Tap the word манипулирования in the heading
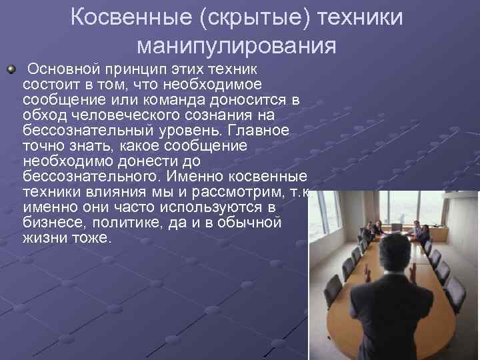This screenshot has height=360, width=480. point(236,46)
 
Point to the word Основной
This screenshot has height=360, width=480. point(62,69)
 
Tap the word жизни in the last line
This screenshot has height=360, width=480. point(43,238)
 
